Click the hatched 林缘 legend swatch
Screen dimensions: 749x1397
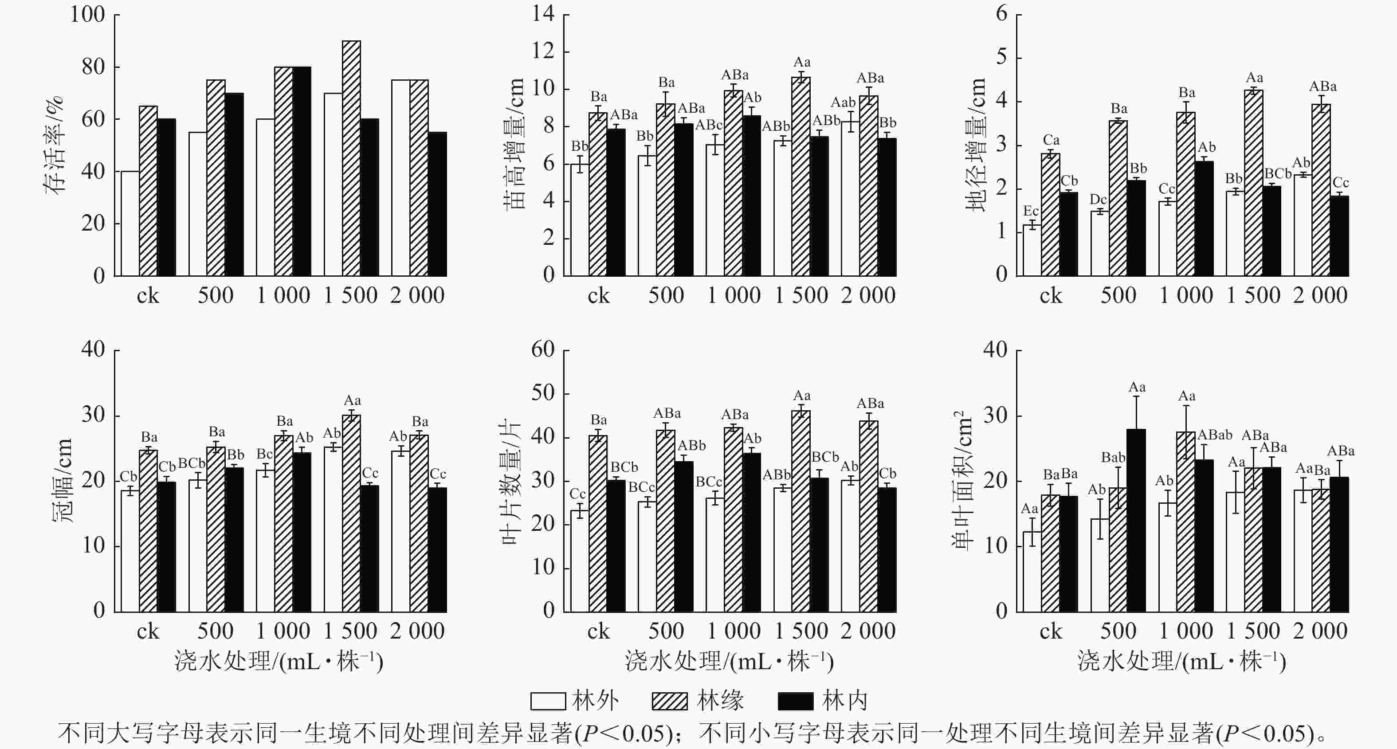[x=669, y=701]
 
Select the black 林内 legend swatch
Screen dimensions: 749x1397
[x=796, y=701]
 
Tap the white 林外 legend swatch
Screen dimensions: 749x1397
[x=548, y=701]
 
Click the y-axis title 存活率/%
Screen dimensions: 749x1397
[x=54, y=145]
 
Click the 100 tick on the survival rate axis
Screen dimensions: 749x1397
[x=87, y=15]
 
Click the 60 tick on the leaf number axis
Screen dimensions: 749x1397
[x=543, y=350]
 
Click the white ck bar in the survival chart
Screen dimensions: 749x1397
[x=130, y=224]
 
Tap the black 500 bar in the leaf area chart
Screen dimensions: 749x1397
[x=1136, y=521]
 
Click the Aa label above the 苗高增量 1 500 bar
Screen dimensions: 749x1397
[x=801, y=63]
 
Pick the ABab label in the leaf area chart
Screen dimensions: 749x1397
[x=1215, y=435]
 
